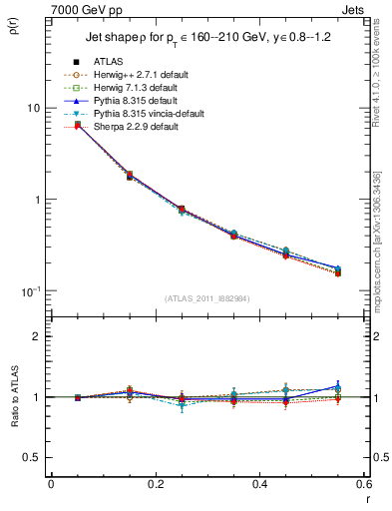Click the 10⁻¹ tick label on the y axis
[30, 290]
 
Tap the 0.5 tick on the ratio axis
[30, 457]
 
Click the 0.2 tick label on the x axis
[155, 483]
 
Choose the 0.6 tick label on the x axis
[362, 483]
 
